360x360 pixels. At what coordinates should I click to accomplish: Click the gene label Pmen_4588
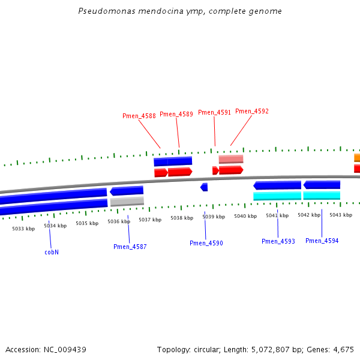[139, 116]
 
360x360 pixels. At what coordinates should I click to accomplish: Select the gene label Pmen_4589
[176, 114]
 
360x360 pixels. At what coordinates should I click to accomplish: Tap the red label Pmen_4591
[214, 112]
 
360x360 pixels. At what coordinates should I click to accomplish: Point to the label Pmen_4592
[252, 111]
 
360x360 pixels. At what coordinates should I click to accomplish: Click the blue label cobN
[52, 252]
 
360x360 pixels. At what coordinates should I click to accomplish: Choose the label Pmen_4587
[130, 247]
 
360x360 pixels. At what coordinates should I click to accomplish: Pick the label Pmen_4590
[206, 243]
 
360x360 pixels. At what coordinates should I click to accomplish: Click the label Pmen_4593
[278, 241]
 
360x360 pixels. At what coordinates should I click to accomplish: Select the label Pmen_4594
[322, 241]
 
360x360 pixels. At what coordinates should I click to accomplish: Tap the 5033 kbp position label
[23, 229]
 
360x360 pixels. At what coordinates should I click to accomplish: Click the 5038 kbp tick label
[182, 218]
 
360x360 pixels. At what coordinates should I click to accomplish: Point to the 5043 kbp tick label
[340, 215]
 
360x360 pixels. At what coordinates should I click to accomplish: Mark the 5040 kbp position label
[245, 216]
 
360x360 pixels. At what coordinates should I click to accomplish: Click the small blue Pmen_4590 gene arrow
[204, 187]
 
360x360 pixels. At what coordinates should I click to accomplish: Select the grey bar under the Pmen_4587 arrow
[127, 202]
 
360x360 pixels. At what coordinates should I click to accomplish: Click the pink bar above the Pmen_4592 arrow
[231, 159]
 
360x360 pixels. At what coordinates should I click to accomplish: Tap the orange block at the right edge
[357, 158]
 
